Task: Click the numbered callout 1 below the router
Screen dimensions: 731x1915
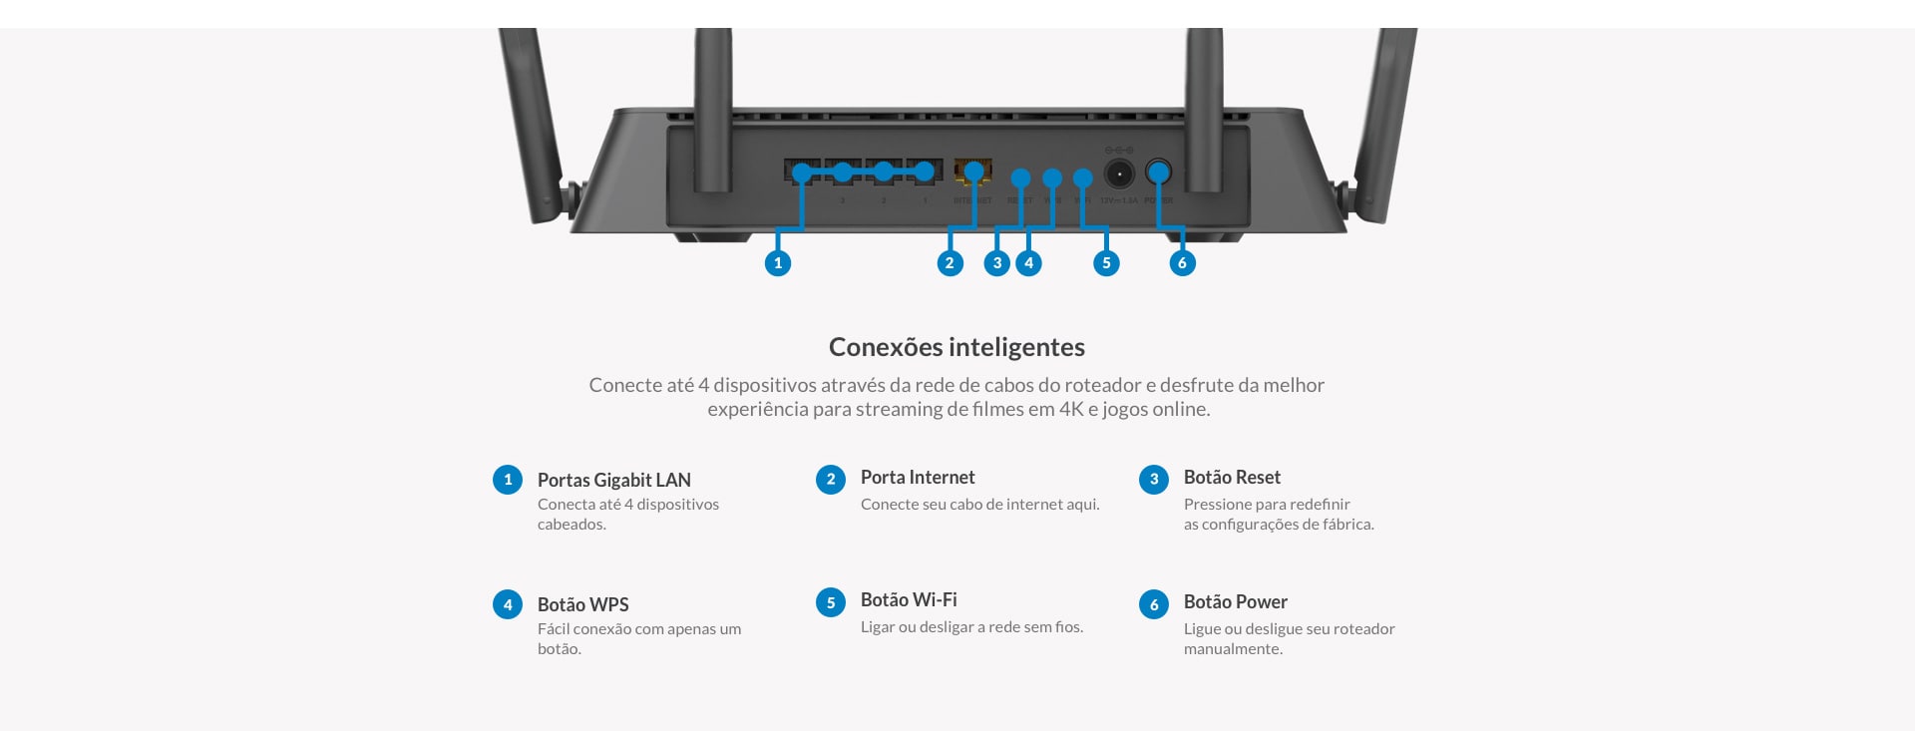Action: coord(778,263)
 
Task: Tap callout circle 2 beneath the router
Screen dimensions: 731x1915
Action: coord(950,263)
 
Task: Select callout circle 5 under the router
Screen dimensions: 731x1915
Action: coord(1106,263)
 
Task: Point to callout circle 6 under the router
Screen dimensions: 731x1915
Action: coord(1182,263)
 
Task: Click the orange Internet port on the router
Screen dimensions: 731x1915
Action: coord(972,171)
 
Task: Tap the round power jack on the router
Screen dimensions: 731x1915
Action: coord(1119,174)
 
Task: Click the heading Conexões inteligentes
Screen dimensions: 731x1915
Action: coord(957,347)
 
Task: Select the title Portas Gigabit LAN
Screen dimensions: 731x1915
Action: coord(613,480)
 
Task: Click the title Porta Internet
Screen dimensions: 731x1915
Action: coord(918,477)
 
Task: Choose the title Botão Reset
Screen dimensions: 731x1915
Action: coord(1232,477)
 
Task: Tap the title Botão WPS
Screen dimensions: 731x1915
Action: coord(582,604)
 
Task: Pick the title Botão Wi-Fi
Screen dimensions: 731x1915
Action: coord(909,599)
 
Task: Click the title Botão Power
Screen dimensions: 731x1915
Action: coord(1235,601)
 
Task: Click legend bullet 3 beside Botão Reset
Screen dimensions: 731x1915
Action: coord(1154,480)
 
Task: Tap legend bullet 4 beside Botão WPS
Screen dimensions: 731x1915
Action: coord(508,604)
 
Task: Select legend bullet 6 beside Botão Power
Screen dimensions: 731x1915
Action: coord(1154,604)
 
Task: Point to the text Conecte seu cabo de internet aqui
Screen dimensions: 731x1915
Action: coord(979,505)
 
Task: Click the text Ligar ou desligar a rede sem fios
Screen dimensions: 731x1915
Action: coord(971,627)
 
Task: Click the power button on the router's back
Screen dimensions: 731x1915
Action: coord(1158,173)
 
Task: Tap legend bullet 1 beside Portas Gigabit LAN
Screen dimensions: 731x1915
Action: coord(508,480)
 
